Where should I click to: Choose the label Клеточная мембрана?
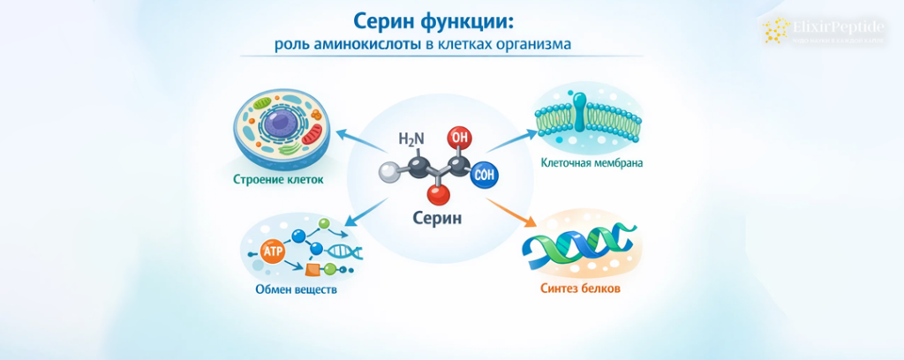pos(591,163)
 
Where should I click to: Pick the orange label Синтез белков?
pos(581,289)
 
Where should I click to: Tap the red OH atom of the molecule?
pos(458,138)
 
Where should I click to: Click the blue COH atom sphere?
pos(485,174)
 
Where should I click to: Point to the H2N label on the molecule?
pos(411,139)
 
